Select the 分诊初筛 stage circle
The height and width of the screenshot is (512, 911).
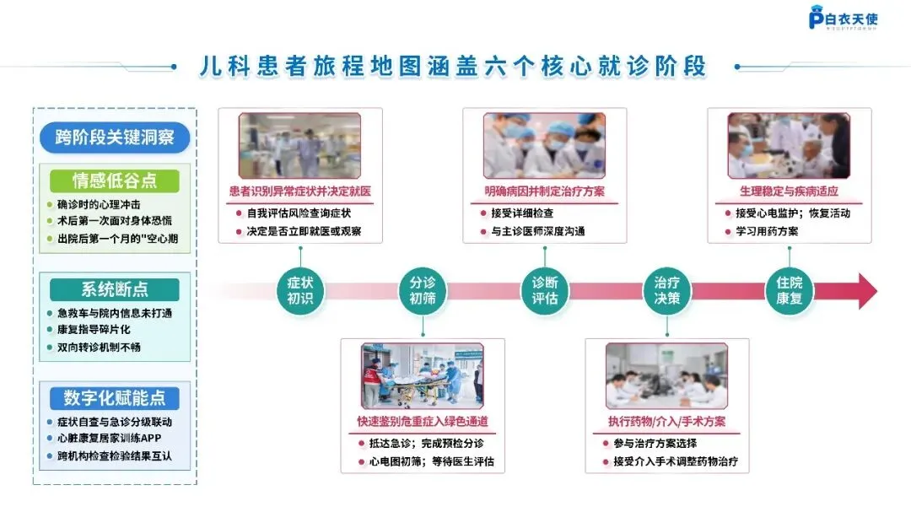[x=422, y=290]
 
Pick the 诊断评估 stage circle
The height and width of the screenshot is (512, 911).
[x=545, y=290]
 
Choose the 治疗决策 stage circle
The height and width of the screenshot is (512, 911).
[x=667, y=290]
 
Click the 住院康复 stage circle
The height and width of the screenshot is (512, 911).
[x=790, y=290]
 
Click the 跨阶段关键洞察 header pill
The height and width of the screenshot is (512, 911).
[x=115, y=138]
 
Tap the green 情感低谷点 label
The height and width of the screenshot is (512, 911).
[x=115, y=181]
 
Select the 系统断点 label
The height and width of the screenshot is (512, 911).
[x=115, y=289]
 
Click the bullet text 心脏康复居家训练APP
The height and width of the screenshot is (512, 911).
[x=109, y=439]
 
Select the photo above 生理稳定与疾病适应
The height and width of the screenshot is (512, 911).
[x=789, y=145]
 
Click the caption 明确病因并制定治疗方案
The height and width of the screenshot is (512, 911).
[x=545, y=191]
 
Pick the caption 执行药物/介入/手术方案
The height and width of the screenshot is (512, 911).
[x=667, y=422]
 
